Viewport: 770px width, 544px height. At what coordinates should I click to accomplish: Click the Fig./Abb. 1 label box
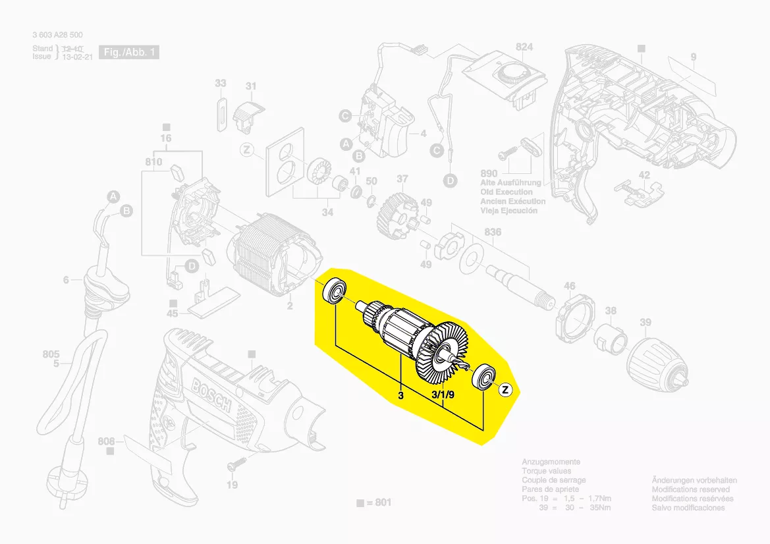128,52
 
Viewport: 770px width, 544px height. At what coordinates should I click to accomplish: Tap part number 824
524,47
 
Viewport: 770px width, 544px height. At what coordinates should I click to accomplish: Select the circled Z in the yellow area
505,390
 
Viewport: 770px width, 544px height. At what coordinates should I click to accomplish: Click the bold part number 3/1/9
443,395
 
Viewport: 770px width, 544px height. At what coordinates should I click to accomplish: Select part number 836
492,232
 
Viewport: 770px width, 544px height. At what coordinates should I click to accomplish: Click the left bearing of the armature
335,290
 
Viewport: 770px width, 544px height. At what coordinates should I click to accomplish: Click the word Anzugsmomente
551,462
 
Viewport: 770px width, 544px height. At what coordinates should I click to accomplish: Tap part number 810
153,162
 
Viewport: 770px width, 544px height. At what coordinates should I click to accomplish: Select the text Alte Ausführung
510,182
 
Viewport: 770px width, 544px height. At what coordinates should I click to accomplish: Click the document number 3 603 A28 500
57,35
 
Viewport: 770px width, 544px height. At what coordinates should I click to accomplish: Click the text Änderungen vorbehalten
694,481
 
